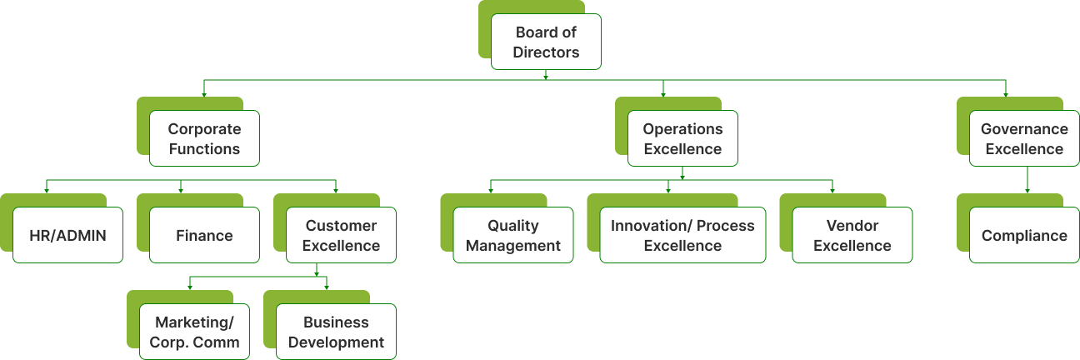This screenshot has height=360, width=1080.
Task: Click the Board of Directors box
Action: coord(546,42)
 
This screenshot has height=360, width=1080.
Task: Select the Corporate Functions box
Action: coord(204,138)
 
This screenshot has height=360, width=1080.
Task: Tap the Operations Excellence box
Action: coord(682,138)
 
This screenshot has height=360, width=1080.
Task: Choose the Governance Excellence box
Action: coord(1023,138)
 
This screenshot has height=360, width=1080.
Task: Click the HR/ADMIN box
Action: coord(67,235)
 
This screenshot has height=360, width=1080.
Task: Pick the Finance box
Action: coord(204,235)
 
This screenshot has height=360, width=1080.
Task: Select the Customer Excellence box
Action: coord(341,235)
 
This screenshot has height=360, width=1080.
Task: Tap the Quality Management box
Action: coord(513,235)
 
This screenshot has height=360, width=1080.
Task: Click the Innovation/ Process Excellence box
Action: coord(682,235)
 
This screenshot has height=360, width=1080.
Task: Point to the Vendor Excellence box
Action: coord(852,235)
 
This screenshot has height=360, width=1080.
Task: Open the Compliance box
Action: coord(1023,235)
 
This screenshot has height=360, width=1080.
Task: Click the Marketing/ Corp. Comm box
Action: coord(194,332)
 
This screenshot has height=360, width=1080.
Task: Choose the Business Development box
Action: coord(336,332)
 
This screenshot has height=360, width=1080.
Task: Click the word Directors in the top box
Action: coord(546,52)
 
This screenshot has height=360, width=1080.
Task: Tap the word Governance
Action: coord(1024,129)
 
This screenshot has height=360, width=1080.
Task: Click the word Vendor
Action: coord(852,226)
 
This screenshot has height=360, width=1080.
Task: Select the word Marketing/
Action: coord(194,322)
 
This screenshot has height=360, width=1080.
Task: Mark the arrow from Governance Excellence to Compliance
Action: coord(1027,180)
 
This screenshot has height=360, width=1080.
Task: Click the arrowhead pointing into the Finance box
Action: coord(181,191)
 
